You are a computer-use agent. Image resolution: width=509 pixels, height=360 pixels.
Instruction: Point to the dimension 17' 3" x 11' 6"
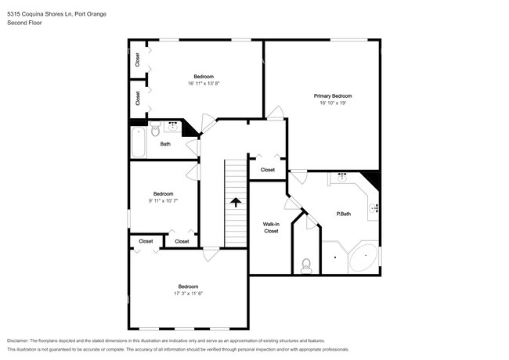[x=187, y=293]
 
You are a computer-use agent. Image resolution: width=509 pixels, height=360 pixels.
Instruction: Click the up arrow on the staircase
[x=235, y=201]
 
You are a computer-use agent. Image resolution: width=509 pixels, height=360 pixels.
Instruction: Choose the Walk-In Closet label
[x=271, y=227]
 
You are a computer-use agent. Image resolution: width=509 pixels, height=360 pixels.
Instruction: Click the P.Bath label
[x=343, y=214]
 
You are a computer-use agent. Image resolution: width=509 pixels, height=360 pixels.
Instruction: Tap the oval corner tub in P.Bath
[x=362, y=259]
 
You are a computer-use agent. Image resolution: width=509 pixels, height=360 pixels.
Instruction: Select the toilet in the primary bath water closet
[x=306, y=265]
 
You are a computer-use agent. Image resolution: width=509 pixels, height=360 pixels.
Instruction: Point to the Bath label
[x=165, y=144]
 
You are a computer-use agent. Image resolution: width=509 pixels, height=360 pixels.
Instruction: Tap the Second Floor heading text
[x=23, y=23]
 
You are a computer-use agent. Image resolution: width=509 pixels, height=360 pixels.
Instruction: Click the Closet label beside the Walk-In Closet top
[x=268, y=170]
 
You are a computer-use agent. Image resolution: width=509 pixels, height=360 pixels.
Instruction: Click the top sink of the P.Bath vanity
[x=343, y=178]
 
